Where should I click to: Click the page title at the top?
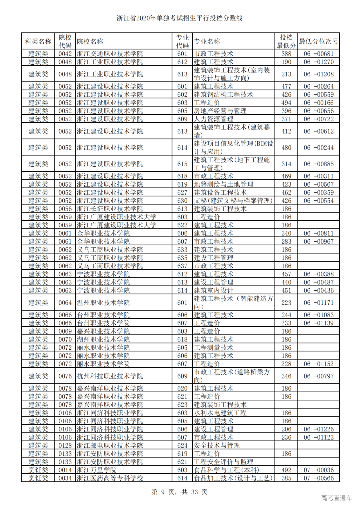click(x=179, y=18)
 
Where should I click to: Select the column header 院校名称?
click(x=90, y=42)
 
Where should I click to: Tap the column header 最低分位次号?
click(x=318, y=42)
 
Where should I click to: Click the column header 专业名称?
click(x=207, y=42)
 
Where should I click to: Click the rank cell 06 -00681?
click(x=318, y=54)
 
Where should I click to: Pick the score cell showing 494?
click(x=286, y=103)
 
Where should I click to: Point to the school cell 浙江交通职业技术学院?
click(x=110, y=54)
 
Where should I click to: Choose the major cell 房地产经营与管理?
click(x=220, y=111)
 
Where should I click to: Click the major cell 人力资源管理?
click(x=213, y=119)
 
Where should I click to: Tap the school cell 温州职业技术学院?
click(x=103, y=303)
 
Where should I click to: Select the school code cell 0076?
click(x=65, y=376)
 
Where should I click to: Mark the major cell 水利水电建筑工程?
click(x=220, y=413)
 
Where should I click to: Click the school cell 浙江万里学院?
click(x=96, y=470)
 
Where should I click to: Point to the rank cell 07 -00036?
click(x=318, y=470)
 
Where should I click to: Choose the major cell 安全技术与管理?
click(x=217, y=445)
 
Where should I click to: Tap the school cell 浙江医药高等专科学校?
click(x=110, y=478)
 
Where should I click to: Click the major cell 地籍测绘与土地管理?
click(x=224, y=184)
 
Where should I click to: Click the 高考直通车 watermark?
click(x=336, y=498)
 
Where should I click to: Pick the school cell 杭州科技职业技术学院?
click(x=110, y=376)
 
